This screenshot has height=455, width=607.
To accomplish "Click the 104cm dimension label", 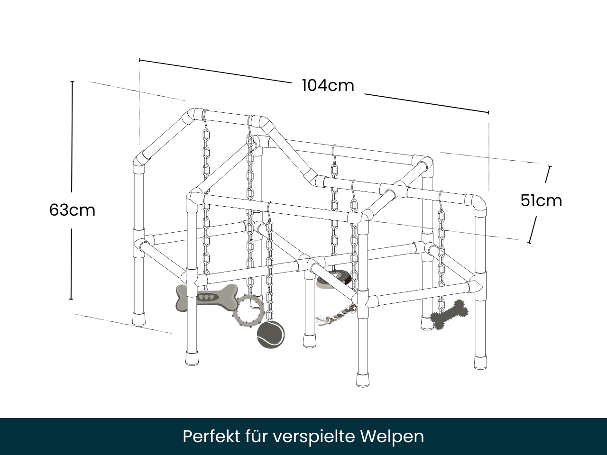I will pos(328,86).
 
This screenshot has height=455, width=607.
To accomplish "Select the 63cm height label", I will pos(72,210).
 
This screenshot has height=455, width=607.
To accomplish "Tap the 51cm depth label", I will pos(541,200).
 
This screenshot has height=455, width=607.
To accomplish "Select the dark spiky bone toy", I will pos(449,315).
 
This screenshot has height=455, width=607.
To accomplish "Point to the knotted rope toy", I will pos(338,315).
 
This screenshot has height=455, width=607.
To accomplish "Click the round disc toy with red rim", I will pos(334,279).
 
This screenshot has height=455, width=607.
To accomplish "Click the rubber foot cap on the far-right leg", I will pos(480,362).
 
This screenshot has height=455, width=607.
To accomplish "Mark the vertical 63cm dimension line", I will pos(72,142).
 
